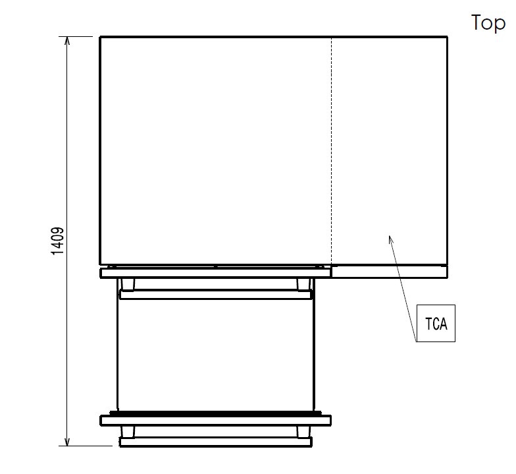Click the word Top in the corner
click(488, 22)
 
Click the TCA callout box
click(436, 323)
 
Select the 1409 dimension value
click(58, 241)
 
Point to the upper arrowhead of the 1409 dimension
click(67, 40)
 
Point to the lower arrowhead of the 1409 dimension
click(67, 442)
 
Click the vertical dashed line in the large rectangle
click(332, 150)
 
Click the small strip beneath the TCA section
click(390, 272)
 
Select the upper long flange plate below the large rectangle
click(216, 273)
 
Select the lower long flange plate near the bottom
click(216, 421)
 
